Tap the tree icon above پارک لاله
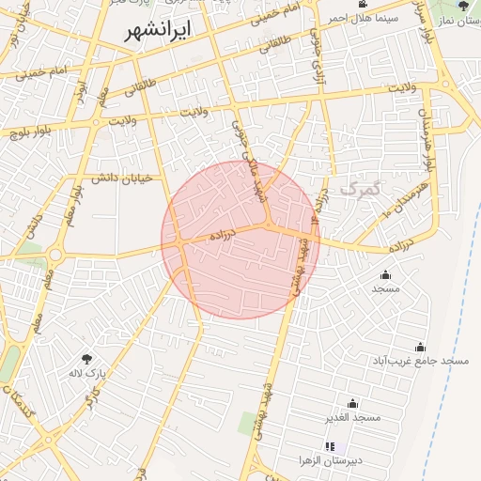87,359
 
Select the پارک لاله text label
87,374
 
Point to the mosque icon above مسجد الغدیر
352,402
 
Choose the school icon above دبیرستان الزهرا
329,445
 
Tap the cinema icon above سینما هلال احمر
363,4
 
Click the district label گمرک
362,189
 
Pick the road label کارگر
91,403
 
